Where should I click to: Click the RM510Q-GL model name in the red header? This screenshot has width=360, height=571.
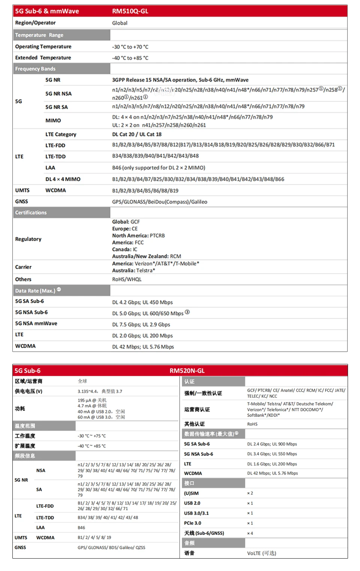click(x=130, y=11)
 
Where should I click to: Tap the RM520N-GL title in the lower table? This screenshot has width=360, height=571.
click(x=187, y=371)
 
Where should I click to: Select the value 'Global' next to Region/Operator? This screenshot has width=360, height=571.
click(x=120, y=23)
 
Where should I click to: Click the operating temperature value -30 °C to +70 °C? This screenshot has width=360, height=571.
click(x=130, y=47)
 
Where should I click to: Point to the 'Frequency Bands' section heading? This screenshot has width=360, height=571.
click(x=35, y=69)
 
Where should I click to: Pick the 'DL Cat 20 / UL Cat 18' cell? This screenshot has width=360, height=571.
click(x=137, y=134)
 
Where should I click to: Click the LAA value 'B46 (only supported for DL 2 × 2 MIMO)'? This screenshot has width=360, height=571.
click(x=159, y=168)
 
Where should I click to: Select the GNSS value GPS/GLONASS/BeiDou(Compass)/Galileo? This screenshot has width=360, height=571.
click(x=159, y=202)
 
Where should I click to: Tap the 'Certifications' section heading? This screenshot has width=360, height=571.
click(x=31, y=212)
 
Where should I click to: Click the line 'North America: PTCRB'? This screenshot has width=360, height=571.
click(x=138, y=236)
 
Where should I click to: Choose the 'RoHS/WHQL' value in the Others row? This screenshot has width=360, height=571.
click(x=127, y=279)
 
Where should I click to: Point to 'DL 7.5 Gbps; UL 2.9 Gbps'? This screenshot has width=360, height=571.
click(x=141, y=325)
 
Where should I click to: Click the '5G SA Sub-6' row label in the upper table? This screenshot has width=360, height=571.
click(x=29, y=301)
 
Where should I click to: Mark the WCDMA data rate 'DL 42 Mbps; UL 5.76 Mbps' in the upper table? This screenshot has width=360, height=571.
click(x=143, y=347)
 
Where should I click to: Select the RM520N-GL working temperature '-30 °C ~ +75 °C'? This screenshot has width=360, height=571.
click(x=91, y=436)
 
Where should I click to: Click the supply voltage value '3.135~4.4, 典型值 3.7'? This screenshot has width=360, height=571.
click(x=100, y=391)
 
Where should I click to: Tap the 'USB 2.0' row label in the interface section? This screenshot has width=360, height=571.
click(x=192, y=503)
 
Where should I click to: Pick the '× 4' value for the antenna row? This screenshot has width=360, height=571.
click(x=250, y=533)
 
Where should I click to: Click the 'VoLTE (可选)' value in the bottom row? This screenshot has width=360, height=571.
click(x=261, y=553)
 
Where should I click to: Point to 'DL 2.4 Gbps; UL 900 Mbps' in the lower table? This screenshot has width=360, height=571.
click(x=272, y=444)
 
